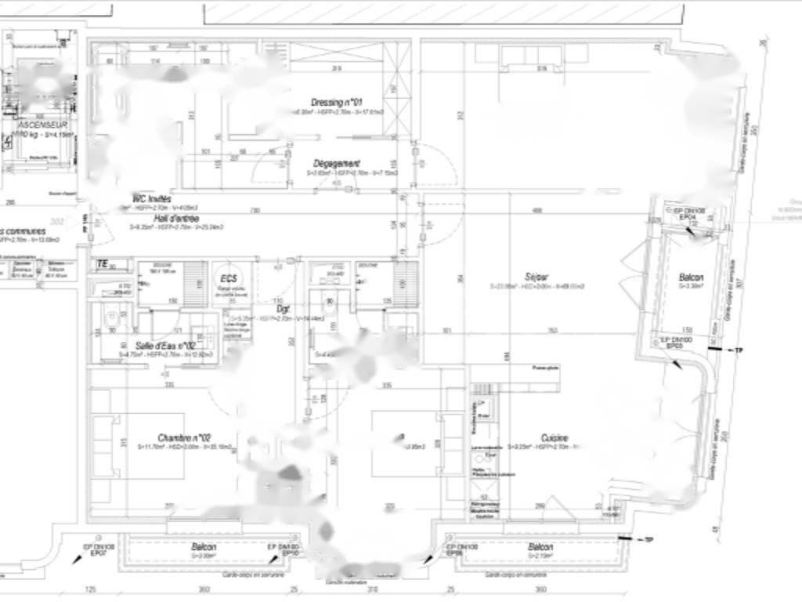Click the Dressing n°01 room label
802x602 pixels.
point(337,103)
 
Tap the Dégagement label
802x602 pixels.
point(337,163)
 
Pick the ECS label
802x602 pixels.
point(229,278)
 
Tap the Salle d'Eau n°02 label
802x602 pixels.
point(164,346)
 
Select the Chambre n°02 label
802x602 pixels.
point(185,437)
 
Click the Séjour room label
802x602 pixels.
point(537,277)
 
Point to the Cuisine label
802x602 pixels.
point(555,438)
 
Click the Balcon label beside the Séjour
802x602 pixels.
point(691,277)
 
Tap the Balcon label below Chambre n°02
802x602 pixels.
point(204,546)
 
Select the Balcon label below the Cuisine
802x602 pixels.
point(540,546)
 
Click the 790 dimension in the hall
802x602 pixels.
point(255,211)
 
